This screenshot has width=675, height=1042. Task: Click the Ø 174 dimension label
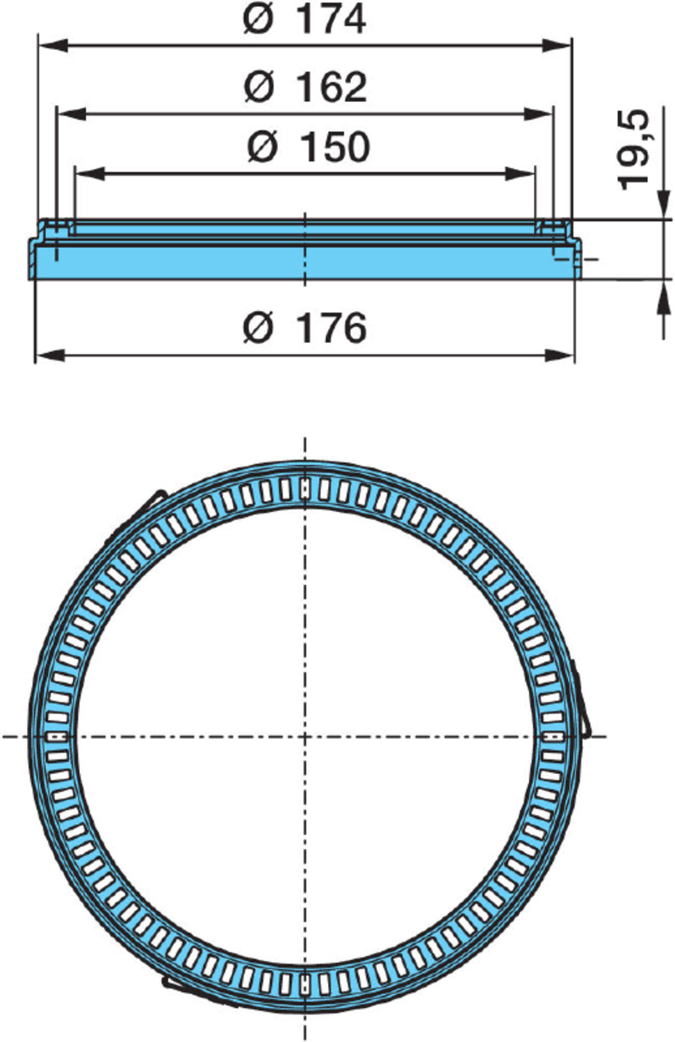click(x=304, y=19)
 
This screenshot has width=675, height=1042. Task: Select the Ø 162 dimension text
click(x=305, y=87)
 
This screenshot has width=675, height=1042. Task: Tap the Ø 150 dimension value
click(x=308, y=147)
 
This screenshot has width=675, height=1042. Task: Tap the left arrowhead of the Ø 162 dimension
click(x=71, y=113)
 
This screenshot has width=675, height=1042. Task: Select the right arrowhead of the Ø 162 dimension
click(x=538, y=113)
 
